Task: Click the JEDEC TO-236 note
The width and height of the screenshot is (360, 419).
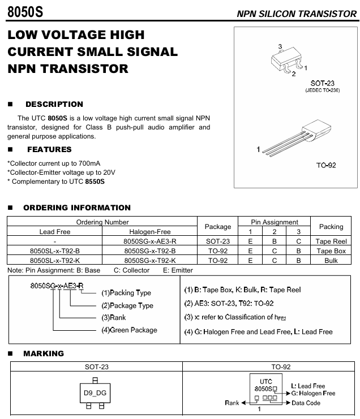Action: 322,90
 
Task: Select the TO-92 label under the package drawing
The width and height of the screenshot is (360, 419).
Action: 326,165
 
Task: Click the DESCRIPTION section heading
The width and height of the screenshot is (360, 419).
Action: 54,104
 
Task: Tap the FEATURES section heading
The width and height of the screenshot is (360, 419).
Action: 49,149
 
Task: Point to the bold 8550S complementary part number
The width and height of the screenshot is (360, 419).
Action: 95,182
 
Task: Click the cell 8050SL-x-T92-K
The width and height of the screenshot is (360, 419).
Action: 54,260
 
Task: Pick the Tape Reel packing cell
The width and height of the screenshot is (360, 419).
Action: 331,241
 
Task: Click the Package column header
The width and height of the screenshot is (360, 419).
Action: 217,227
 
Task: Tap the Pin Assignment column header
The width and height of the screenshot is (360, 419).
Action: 275,222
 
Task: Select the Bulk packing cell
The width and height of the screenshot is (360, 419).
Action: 331,260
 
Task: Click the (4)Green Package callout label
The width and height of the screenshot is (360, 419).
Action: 128,330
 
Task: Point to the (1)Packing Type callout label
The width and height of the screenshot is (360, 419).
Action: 126,293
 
